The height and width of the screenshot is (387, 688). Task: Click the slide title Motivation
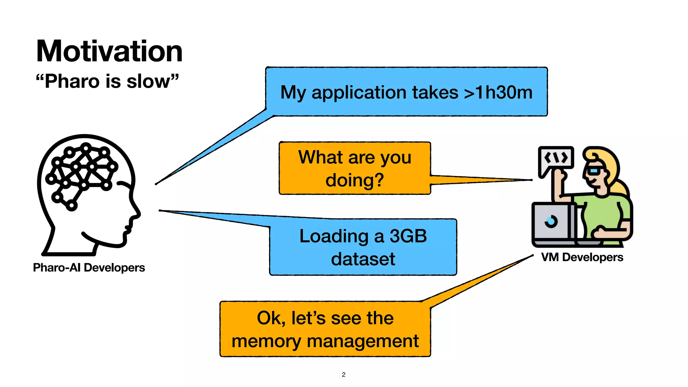tap(109, 51)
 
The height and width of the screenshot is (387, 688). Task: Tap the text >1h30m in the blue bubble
tap(498, 92)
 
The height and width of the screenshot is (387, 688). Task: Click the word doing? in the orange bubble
tap(355, 180)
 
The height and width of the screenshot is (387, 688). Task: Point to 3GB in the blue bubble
tap(408, 236)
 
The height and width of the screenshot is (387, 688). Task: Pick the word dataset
tap(363, 259)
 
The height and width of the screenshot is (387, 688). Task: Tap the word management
tap(363, 342)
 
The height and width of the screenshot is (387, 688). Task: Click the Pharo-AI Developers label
tap(89, 268)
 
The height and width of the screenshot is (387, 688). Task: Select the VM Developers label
tap(582, 257)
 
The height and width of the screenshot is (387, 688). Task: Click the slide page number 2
tap(344, 375)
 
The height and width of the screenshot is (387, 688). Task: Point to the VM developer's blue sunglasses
tap(594, 171)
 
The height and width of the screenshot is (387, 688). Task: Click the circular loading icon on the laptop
tap(551, 221)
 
